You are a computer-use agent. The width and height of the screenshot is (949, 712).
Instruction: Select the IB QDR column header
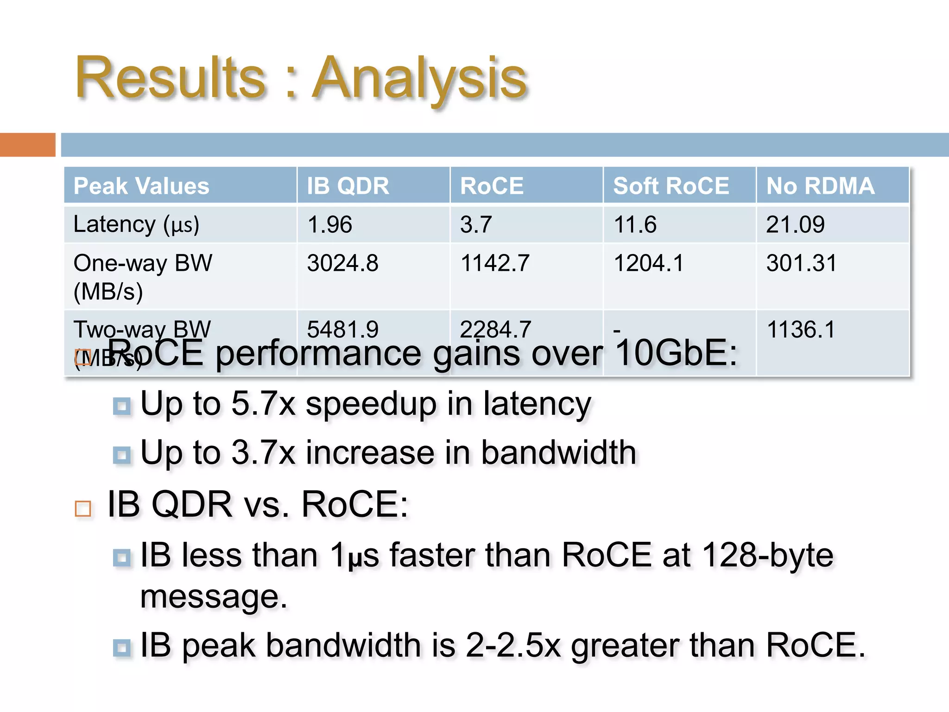pyautogui.click(x=348, y=186)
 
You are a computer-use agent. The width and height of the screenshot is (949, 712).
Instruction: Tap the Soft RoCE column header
pyautogui.click(x=671, y=186)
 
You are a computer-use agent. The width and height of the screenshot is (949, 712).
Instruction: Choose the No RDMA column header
pyautogui.click(x=820, y=186)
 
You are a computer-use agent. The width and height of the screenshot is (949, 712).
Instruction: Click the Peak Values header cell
pyautogui.click(x=141, y=186)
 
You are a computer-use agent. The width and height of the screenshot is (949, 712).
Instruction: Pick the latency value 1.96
pyautogui.click(x=329, y=225)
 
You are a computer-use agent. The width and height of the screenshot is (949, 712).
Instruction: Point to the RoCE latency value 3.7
pyautogui.click(x=475, y=225)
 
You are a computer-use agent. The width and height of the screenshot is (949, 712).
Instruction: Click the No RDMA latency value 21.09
pyautogui.click(x=795, y=225)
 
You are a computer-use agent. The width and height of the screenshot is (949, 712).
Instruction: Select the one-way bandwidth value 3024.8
pyautogui.click(x=342, y=263)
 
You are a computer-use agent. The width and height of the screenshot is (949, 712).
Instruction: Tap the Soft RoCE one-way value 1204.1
pyautogui.click(x=648, y=263)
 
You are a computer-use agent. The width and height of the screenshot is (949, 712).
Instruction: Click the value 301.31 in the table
pyautogui.click(x=801, y=263)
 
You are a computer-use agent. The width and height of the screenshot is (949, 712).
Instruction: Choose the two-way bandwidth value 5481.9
pyautogui.click(x=342, y=330)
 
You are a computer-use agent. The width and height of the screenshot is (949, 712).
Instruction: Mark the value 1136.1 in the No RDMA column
pyautogui.click(x=801, y=330)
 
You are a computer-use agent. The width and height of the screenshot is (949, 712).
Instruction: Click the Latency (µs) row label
pyautogui.click(x=136, y=225)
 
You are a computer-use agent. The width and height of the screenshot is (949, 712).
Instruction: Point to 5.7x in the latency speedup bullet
pyautogui.click(x=263, y=403)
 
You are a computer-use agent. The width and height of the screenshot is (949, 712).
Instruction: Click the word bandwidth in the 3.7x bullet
pyautogui.click(x=558, y=452)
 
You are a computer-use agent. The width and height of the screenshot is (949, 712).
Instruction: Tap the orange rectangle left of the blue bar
pyautogui.click(x=27, y=145)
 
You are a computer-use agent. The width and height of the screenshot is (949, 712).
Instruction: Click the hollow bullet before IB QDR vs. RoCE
pyautogui.click(x=83, y=509)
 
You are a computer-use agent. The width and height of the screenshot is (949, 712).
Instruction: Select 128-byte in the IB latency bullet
pyautogui.click(x=767, y=555)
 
